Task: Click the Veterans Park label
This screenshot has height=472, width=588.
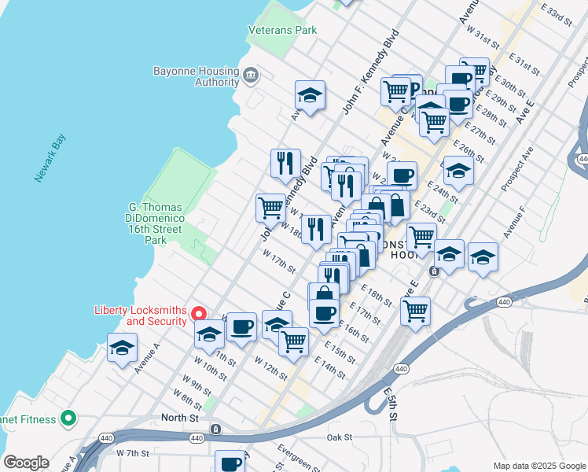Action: click(282, 30)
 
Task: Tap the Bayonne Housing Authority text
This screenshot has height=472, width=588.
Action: click(196, 76)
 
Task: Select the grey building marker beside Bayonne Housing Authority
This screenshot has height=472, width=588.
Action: click(251, 76)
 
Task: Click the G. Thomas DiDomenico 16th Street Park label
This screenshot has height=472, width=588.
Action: click(155, 223)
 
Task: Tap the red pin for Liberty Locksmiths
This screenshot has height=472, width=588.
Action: click(200, 313)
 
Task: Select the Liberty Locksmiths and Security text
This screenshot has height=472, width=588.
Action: click(140, 315)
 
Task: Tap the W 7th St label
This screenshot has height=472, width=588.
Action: click(132, 453)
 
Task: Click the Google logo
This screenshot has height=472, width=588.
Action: click(26, 463)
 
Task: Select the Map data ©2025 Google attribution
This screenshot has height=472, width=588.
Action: click(538, 466)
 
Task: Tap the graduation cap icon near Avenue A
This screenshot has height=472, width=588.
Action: click(122, 348)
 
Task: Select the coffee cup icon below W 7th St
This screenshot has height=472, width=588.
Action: click(230, 463)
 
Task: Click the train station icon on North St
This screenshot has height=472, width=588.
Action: click(215, 430)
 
